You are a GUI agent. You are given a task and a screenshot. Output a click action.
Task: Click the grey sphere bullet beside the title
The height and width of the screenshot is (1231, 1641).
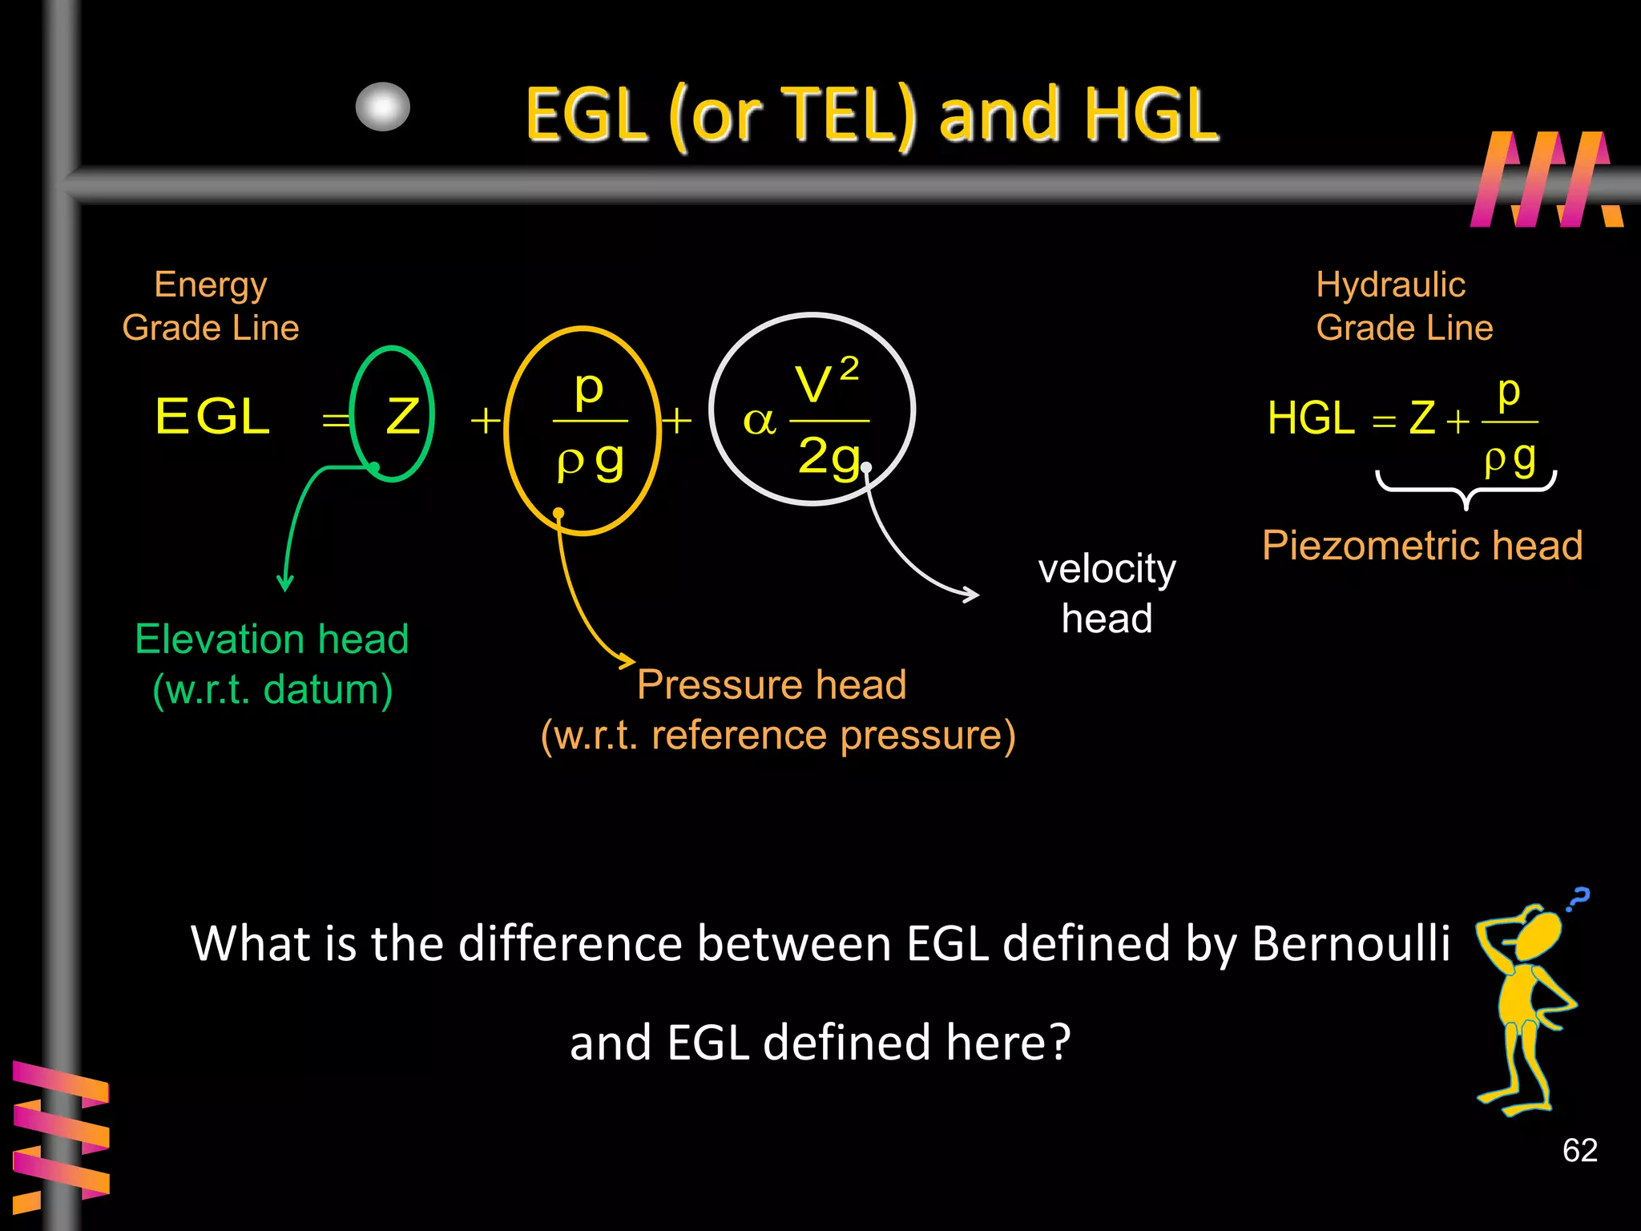point(383,107)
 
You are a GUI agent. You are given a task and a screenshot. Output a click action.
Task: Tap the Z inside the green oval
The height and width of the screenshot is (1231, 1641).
point(402,417)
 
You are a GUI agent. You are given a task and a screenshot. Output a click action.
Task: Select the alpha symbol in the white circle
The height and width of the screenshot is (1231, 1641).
point(759,421)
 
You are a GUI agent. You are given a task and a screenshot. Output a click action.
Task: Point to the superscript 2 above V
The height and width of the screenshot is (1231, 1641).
point(849,369)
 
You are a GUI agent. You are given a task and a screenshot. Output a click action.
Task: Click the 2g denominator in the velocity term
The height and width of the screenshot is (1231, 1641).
point(829,458)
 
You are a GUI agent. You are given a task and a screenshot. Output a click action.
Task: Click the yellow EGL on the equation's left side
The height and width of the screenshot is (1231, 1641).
point(212,417)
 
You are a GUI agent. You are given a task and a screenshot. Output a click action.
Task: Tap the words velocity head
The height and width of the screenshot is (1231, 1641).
point(1107,593)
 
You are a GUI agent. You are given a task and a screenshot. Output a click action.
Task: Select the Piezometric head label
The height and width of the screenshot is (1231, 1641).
point(1422,546)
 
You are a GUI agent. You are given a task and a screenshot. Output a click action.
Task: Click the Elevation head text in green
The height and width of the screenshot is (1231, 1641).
point(272,640)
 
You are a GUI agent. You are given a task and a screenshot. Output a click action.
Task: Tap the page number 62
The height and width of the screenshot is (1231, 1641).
point(1579,1150)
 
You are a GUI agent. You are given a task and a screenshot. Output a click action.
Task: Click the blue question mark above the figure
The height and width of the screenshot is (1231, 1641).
point(1579,898)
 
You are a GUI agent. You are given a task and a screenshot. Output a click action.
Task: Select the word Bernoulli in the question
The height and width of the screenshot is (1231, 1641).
point(1350,943)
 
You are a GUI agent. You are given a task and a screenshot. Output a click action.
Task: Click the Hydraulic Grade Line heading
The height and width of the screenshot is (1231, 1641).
point(1404,306)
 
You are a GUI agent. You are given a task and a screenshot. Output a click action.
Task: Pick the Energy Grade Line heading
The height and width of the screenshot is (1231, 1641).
point(211,306)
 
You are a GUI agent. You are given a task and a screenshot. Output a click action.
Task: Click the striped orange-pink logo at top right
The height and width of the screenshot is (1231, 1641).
point(1545,180)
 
